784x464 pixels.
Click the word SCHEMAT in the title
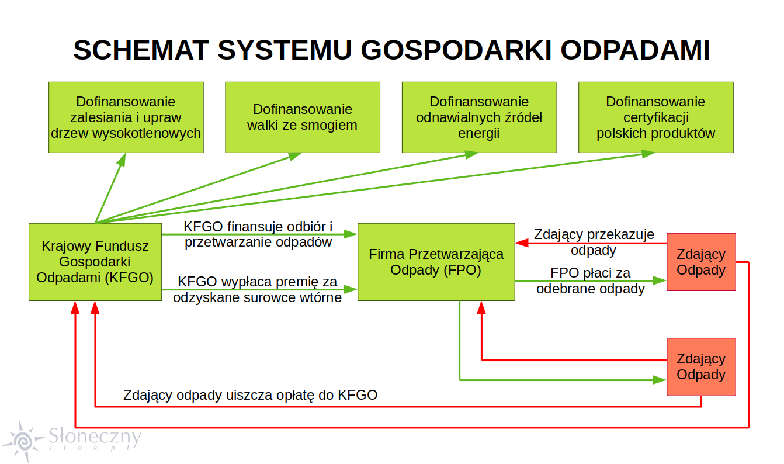(x=141, y=50)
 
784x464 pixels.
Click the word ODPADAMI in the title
(x=635, y=50)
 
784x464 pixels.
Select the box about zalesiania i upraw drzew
(x=126, y=117)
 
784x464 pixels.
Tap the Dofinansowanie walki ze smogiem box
(x=303, y=117)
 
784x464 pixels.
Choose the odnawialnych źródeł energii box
(x=479, y=117)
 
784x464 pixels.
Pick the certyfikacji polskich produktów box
(x=656, y=117)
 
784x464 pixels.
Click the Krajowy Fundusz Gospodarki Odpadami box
(x=95, y=262)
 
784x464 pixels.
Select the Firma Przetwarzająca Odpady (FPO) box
(x=436, y=262)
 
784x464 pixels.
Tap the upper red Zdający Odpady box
(x=701, y=262)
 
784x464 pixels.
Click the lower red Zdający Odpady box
(x=701, y=366)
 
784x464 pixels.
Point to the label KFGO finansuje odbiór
(x=258, y=234)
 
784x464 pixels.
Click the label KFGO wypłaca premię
(x=257, y=289)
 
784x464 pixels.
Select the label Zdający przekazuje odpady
(x=594, y=242)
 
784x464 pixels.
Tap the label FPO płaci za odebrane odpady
(x=591, y=281)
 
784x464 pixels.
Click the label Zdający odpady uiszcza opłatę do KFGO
(x=250, y=395)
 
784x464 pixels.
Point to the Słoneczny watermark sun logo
(x=24, y=441)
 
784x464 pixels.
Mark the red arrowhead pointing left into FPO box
(x=522, y=243)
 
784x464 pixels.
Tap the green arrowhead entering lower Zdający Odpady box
(x=660, y=380)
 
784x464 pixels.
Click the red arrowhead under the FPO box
(x=481, y=307)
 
